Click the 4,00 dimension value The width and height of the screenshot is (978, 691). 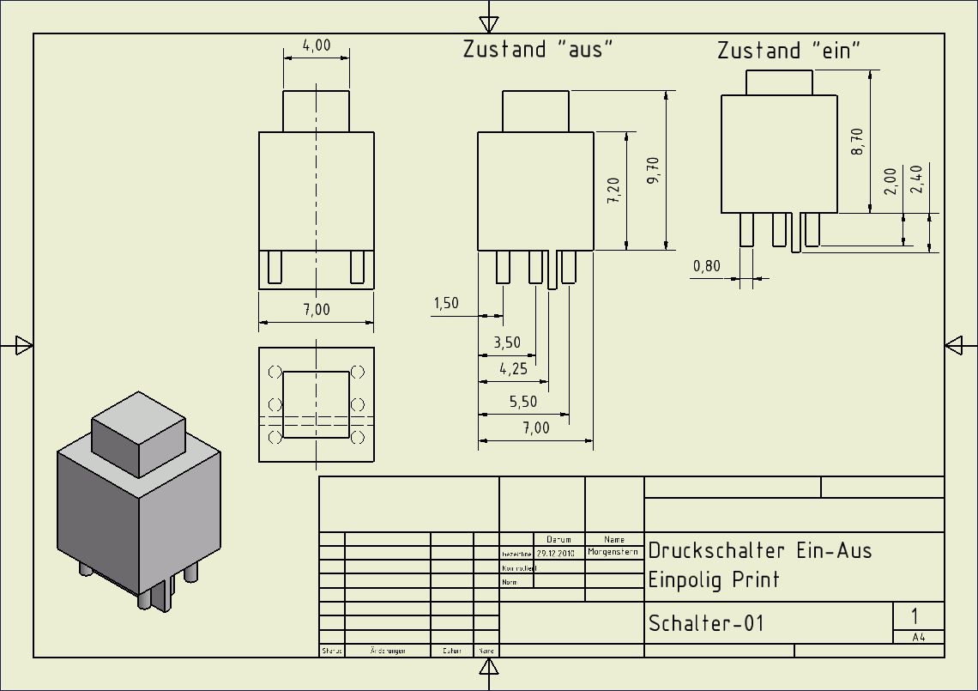[x=317, y=45]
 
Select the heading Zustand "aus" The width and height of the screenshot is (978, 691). [x=539, y=49]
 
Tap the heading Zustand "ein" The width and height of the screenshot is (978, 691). [x=788, y=51]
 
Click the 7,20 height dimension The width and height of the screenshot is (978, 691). [x=613, y=190]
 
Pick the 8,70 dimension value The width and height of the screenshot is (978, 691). [x=856, y=141]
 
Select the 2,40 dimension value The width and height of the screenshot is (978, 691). [x=917, y=180]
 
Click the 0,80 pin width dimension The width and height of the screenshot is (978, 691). [x=707, y=266]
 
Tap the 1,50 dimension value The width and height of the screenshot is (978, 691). [x=446, y=303]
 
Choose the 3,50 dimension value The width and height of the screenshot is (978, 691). [x=506, y=342]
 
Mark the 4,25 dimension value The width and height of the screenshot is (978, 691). [x=512, y=369]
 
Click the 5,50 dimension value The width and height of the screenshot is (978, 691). [x=523, y=402]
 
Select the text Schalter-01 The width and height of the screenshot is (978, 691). [x=705, y=623]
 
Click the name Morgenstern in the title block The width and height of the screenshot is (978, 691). [x=613, y=552]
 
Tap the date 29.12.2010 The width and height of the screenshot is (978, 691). [x=555, y=553]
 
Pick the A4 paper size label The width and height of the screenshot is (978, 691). [x=918, y=638]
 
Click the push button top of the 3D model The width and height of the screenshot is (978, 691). [x=138, y=415]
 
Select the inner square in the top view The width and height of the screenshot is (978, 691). [x=317, y=404]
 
